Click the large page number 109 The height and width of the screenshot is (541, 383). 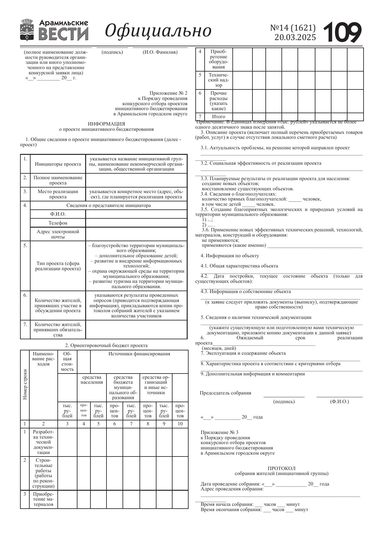[342, 32]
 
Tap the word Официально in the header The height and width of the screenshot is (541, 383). [158, 31]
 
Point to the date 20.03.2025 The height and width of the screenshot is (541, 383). [295, 37]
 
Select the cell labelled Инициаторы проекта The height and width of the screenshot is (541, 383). [58, 164]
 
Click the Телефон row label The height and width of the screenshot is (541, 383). [58, 223]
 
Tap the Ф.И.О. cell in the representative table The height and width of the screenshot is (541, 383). [58, 214]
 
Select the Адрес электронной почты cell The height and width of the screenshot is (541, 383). [58, 234]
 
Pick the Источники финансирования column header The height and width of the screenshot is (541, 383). [139, 354]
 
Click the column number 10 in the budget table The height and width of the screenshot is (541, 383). [180, 423]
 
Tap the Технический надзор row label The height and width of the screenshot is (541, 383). [218, 80]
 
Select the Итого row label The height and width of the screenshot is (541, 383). [218, 117]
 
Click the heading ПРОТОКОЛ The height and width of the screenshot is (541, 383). [281, 468]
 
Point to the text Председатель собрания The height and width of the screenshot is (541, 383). [225, 393]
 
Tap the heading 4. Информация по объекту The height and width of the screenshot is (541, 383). [230, 256]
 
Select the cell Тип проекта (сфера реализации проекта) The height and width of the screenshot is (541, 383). [58, 266]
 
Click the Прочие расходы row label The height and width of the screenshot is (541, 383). [218, 101]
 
